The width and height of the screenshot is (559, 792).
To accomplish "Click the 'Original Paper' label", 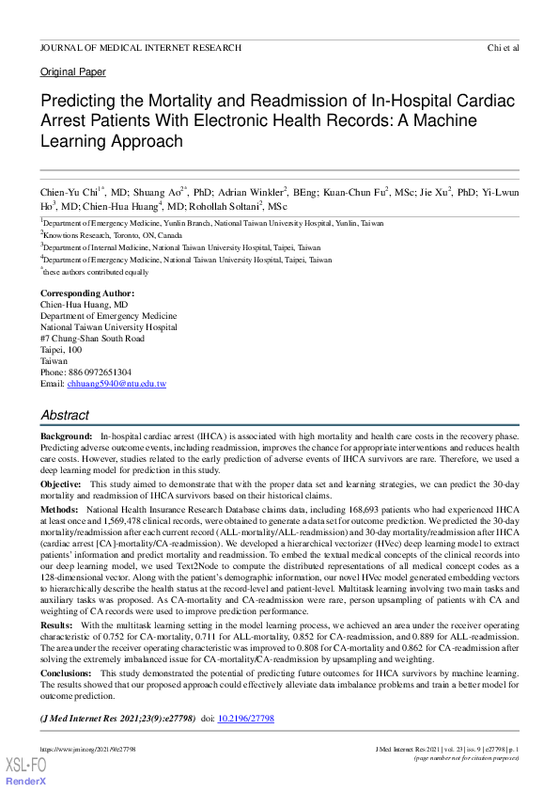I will pyautogui.click(x=73, y=72).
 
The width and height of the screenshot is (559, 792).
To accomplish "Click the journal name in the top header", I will pyautogui.click(x=141, y=48).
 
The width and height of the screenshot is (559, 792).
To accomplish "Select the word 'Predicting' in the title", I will pyautogui.click(x=79, y=101).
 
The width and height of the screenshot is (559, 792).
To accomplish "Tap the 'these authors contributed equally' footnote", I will pyautogui.click(x=96, y=271).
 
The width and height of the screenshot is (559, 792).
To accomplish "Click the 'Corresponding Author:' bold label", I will pyautogui.click(x=89, y=293).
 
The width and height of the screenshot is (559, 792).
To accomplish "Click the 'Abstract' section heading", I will pyautogui.click(x=65, y=416).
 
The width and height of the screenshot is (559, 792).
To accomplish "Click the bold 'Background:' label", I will pyautogui.click(x=66, y=437).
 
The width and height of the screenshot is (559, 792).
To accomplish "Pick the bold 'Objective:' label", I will pyautogui.click(x=61, y=483).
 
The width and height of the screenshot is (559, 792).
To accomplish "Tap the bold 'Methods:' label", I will pyautogui.click(x=59, y=508).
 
